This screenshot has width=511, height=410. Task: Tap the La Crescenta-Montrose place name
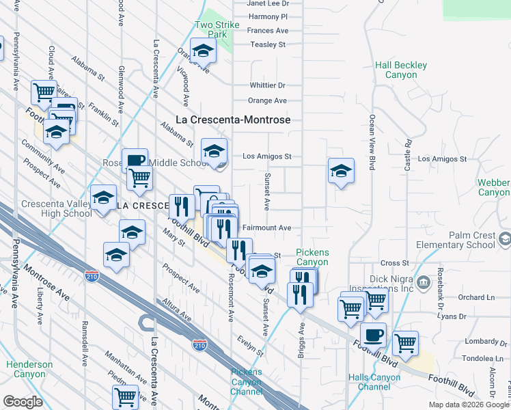coord(233,120)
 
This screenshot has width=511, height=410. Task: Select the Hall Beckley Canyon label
coord(401,70)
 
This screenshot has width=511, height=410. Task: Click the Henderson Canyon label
coord(29,370)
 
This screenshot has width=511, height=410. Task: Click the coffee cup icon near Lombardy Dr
coord(373,336)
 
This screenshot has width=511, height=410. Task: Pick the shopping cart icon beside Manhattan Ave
coord(125,397)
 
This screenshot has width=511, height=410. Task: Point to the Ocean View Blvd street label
coord(372,148)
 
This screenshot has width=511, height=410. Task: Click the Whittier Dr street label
coord(267,85)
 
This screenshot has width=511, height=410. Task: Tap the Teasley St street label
coord(267,44)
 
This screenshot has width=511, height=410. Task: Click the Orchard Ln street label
coord(476,297)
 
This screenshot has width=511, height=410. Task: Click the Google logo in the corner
coord(23,401)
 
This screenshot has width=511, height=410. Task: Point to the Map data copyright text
coord(469,405)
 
